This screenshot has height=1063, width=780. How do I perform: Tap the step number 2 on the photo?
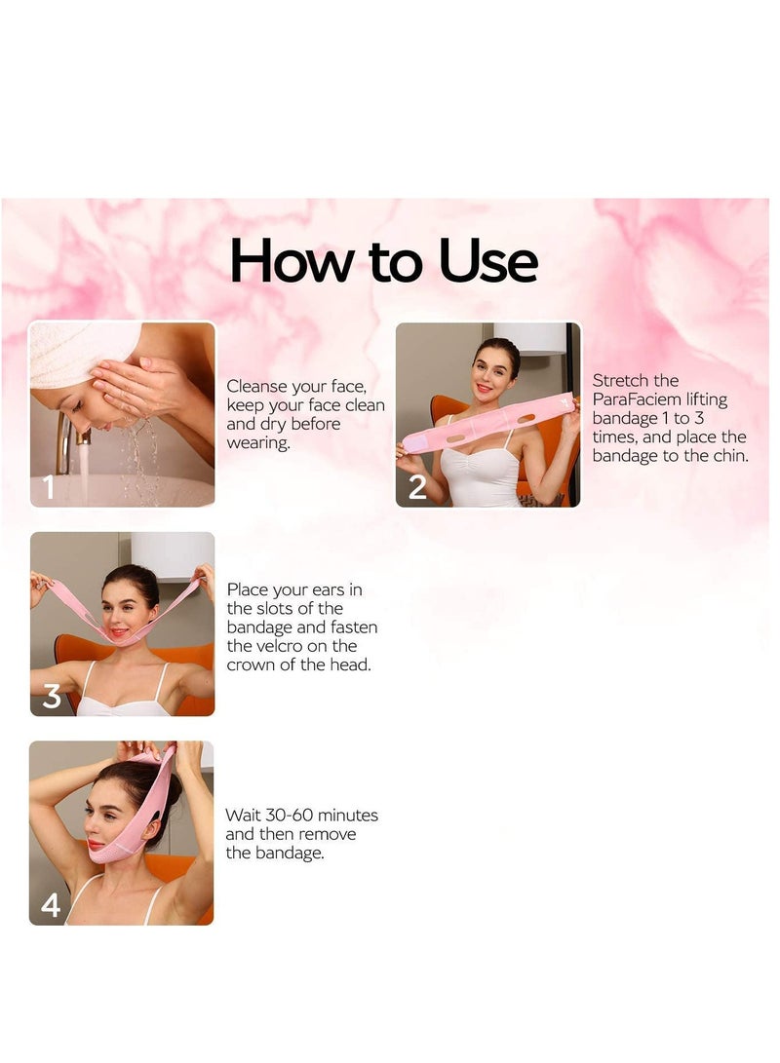417,486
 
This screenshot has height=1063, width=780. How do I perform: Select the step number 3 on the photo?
51,696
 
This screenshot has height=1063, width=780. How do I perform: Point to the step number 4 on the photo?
51,905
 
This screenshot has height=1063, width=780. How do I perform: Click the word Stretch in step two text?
622,380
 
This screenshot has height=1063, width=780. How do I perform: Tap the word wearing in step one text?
257,442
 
